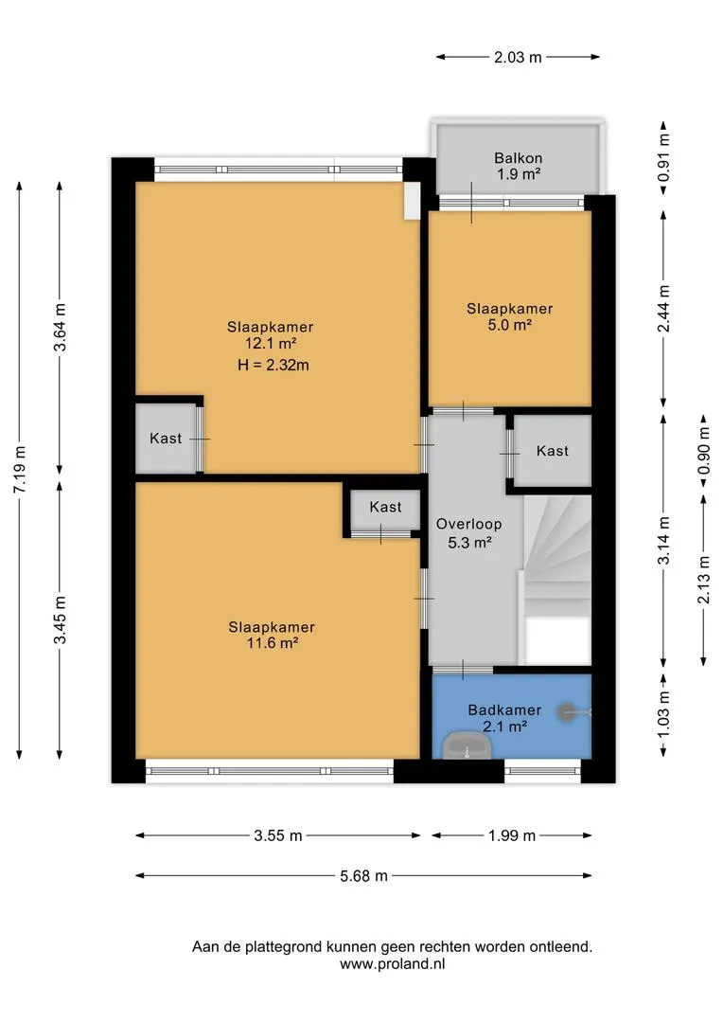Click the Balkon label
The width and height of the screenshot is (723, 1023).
click(518, 158)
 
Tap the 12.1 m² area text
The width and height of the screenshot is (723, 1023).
click(272, 344)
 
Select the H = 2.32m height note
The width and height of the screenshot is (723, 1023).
click(273, 365)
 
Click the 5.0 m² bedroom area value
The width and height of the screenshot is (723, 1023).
click(510, 325)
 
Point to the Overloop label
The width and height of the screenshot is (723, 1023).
click(468, 524)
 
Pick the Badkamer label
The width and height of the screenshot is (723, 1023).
click(504, 709)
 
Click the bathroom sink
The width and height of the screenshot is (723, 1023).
click(467, 745)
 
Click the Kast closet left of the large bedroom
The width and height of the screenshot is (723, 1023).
click(167, 439)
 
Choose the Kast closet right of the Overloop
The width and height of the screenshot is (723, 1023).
click(553, 451)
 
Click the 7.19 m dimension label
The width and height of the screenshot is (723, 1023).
click(20, 470)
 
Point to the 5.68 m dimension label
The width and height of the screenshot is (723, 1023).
click(363, 875)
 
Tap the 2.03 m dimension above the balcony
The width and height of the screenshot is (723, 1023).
click(518, 58)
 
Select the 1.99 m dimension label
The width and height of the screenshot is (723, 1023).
click(512, 835)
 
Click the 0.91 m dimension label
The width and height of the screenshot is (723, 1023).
click(663, 158)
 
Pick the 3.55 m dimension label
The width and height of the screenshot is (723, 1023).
click(277, 835)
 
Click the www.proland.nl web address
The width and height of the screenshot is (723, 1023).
click(393, 964)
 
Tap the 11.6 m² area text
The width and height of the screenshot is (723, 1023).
click(273, 643)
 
